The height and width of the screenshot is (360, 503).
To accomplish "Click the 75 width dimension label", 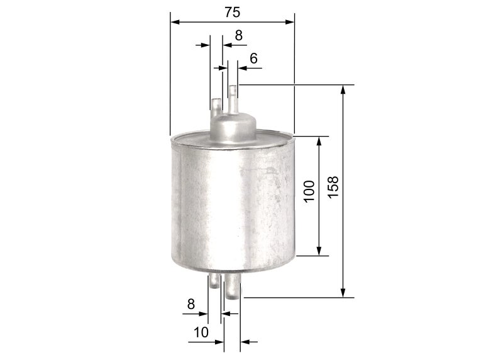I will tap(231, 11).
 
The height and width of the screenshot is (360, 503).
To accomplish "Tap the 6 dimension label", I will tap(253, 58).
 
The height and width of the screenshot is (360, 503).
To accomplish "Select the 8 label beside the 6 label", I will tap(238, 35).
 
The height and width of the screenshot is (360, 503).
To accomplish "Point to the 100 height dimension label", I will tap(309, 191).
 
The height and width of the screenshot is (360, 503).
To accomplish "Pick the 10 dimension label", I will tap(201, 331).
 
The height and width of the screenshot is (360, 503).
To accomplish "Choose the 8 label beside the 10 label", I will tap(191, 303).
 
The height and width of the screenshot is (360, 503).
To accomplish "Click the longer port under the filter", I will tap(233, 290).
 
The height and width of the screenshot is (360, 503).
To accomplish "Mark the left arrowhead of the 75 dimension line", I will tap(175, 21).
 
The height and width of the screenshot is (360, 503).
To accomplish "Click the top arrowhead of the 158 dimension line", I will tap(343, 89).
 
